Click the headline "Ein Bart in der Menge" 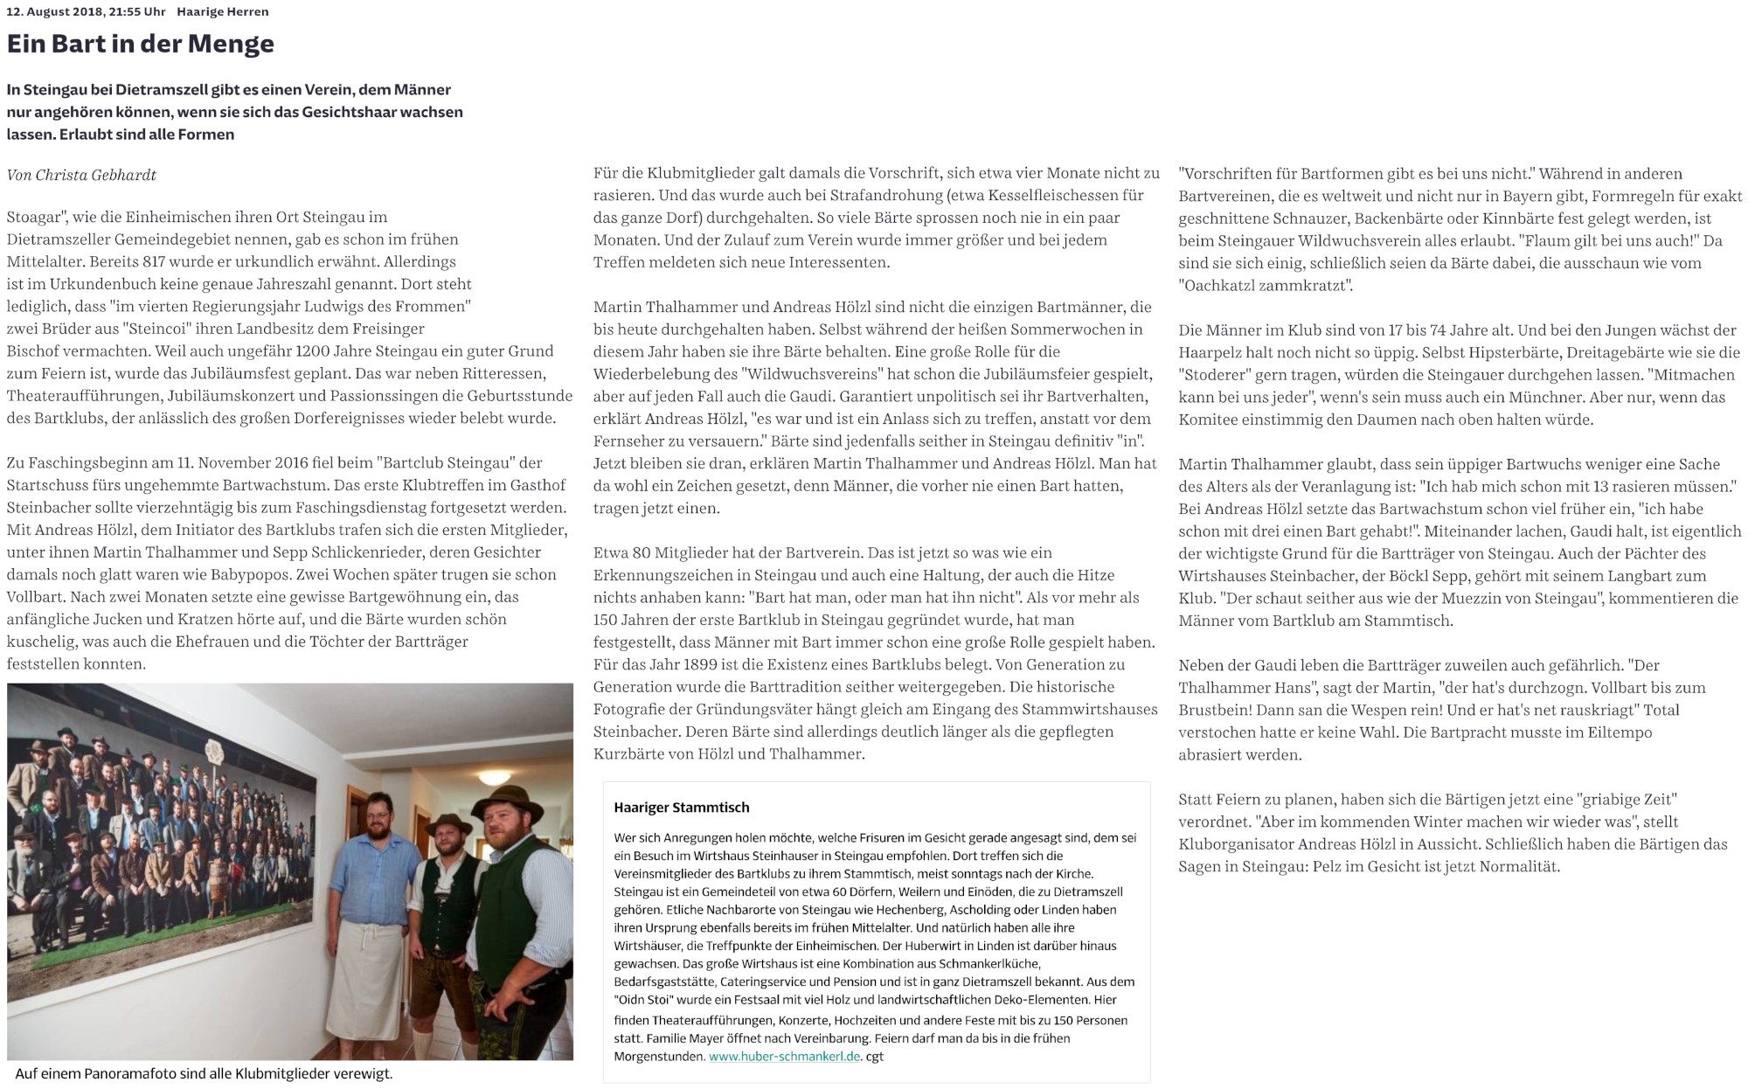coord(141,44)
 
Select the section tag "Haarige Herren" coord(222,11)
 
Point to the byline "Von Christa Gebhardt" coord(81,175)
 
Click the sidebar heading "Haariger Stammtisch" coord(682,808)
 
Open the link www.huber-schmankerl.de coord(785,1056)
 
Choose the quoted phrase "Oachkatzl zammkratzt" coord(1266,285)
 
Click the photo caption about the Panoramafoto coord(205,1074)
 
